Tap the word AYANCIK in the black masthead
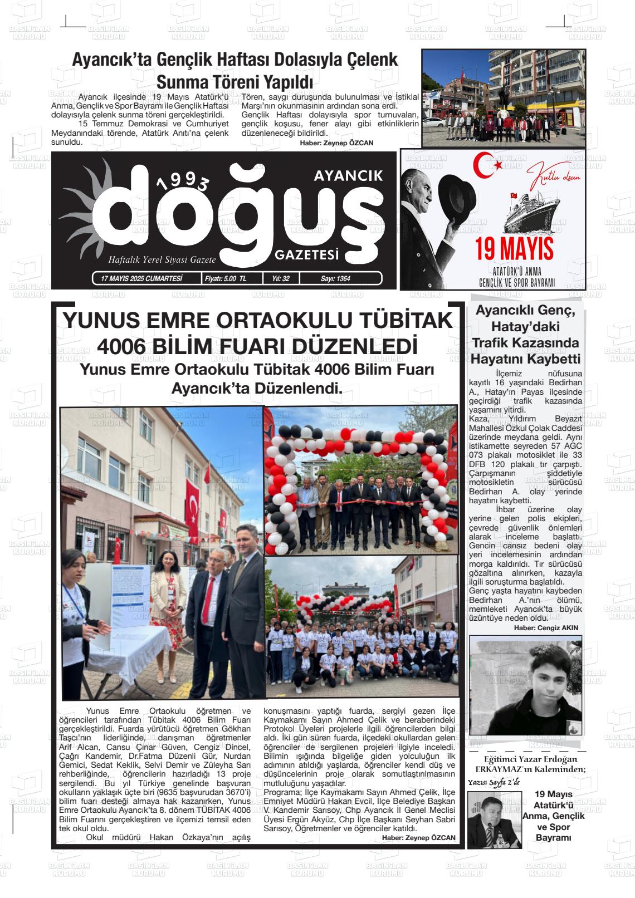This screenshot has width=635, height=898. tap(348, 176)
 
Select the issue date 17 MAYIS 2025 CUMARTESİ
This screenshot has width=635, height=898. tap(138, 278)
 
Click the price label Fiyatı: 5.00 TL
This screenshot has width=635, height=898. tap(226, 278)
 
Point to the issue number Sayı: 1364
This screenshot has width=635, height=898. tap(335, 278)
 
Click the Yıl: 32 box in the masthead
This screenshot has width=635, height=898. tap(281, 278)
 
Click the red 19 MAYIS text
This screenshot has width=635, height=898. tap(514, 248)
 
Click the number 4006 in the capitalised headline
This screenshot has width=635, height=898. tap(123, 346)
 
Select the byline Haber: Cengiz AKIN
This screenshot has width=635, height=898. tap(546, 627)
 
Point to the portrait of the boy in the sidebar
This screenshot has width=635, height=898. tap(526, 685)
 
